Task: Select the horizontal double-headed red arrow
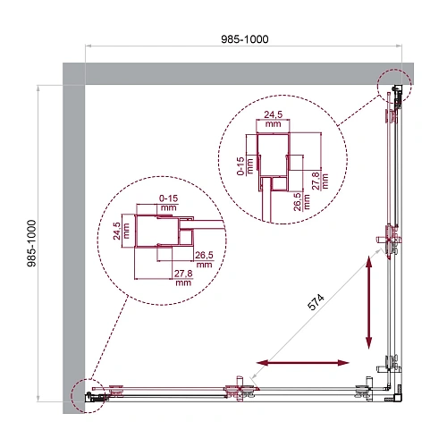302,362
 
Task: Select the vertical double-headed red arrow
369,304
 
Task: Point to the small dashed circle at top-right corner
394,87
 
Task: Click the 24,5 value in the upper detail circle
274,118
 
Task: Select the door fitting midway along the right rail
388,238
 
